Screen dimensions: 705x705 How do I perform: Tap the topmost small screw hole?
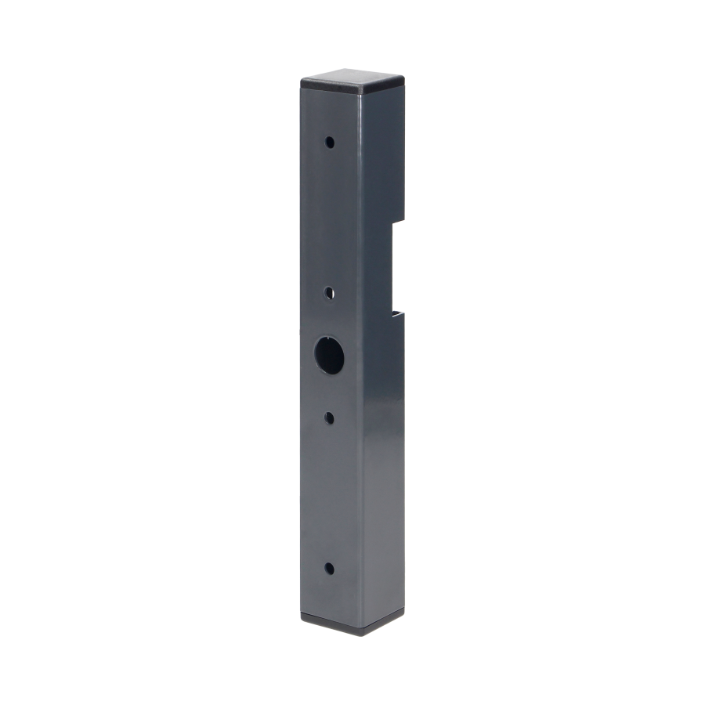pos(329,143)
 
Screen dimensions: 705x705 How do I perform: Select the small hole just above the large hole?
pos(329,292)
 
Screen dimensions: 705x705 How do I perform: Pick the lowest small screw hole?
pos(329,567)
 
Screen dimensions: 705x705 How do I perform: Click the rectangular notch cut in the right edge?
pos(398,266)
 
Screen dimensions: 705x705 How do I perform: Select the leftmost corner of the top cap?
pos(299,80)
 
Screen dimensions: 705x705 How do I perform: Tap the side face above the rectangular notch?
pos(384,157)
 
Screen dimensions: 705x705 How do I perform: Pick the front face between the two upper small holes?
pos(329,219)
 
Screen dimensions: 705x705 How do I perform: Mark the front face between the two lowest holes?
pos(329,493)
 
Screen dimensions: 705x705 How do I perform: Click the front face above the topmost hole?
pos(329,114)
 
